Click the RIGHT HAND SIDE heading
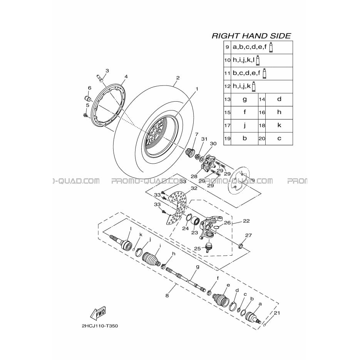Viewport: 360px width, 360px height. tap(251, 36)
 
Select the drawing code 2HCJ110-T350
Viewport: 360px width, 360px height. tap(100, 326)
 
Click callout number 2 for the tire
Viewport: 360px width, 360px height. tap(178, 78)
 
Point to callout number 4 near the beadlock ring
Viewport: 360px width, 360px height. tap(126, 77)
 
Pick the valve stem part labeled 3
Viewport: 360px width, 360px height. tap(99, 77)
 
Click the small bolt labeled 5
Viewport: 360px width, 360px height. tap(85, 115)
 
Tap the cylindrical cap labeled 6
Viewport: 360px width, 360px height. tap(87, 99)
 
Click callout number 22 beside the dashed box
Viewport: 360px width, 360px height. tap(246, 221)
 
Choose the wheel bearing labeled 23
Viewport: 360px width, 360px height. tap(196, 221)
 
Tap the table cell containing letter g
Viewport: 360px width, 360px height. tap(244, 99)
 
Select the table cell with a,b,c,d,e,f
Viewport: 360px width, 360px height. tap(262, 47)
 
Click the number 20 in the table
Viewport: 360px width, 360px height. tap(262, 139)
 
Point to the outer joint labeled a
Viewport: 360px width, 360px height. tap(253, 318)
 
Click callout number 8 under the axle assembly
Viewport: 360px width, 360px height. tap(167, 295)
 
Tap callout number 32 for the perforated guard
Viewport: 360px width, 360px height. tap(194, 188)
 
